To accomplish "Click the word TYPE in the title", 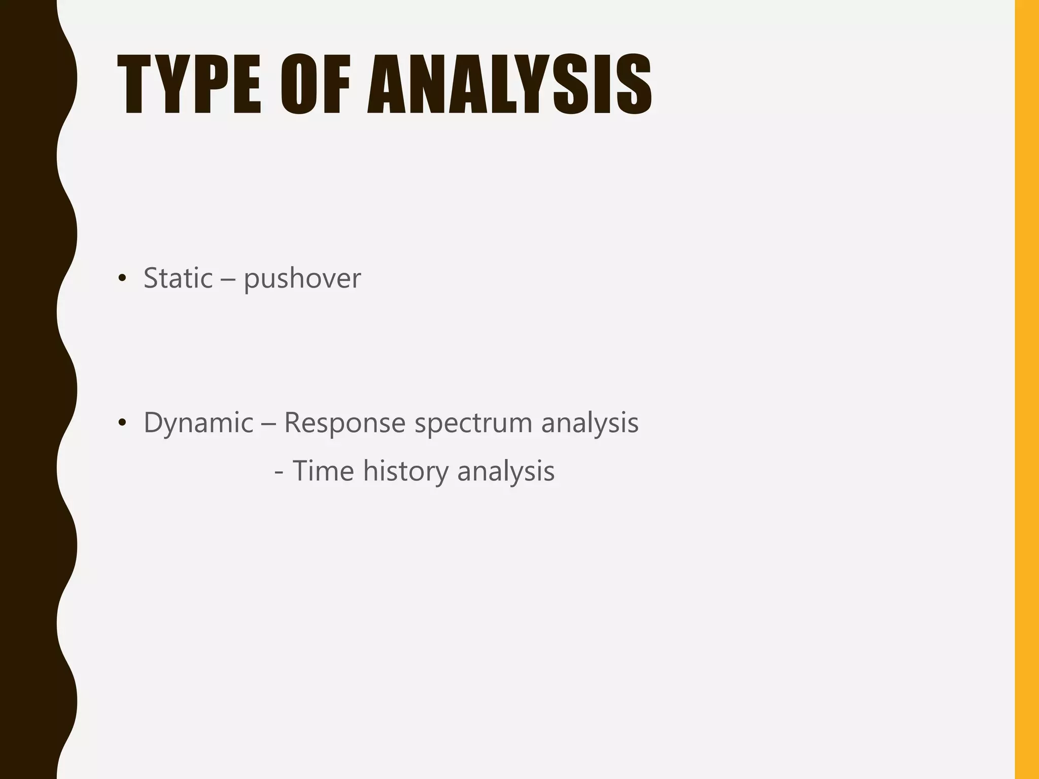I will click(189, 84).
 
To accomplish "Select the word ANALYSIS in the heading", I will click(509, 84).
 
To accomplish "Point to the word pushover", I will click(302, 279).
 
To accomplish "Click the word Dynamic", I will click(198, 423).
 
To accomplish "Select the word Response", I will click(344, 423).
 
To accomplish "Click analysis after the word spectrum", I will click(590, 423).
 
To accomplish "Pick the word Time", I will click(323, 471).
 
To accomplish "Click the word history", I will click(406, 472).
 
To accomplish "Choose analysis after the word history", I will click(506, 472).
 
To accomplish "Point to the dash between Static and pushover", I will click(228, 279).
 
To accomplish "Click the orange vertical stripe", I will click(1026, 389).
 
